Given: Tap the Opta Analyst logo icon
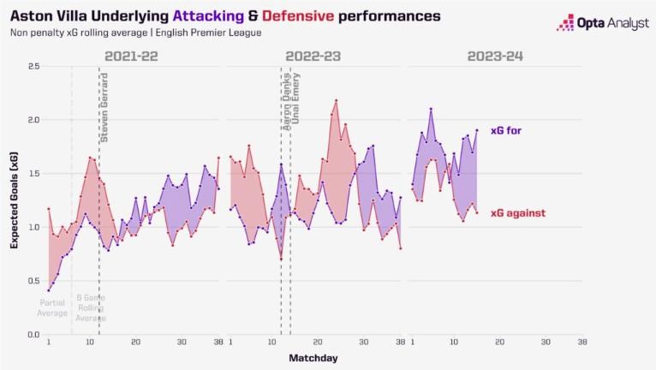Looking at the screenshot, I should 565,22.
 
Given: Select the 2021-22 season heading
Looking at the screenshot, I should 133,57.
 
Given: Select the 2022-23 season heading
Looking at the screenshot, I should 313,57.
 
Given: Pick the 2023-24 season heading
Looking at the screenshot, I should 496,57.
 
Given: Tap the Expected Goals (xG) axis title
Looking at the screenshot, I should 15,202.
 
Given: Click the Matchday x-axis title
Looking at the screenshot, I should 313,357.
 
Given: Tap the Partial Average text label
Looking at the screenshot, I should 52,307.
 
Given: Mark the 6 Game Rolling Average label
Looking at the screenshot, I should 90,307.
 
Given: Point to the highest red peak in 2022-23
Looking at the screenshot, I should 335,101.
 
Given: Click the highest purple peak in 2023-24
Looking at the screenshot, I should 431,109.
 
